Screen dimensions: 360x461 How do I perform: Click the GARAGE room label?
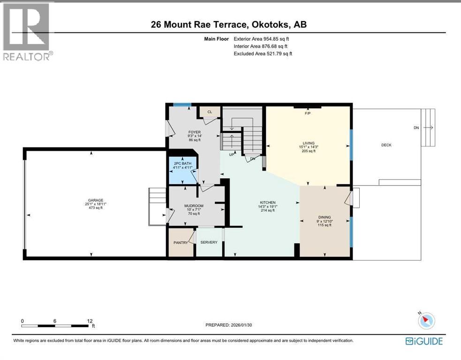pyautogui.click(x=94, y=200)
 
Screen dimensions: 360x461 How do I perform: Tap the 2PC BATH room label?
pyautogui.click(x=182, y=162)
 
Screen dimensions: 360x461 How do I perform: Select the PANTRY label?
pyautogui.click(x=181, y=242)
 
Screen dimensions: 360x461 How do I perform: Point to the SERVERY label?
pyautogui.click(x=209, y=242)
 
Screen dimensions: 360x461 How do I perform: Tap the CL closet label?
pyautogui.click(x=210, y=112)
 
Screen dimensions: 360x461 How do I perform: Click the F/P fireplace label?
pyautogui.click(x=308, y=113)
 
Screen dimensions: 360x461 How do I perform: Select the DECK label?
pyautogui.click(x=386, y=145)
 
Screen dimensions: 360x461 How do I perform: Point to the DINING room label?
pyautogui.click(x=325, y=217)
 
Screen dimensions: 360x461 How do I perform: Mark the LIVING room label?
pyautogui.click(x=308, y=143)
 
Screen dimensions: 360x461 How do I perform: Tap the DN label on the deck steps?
pyautogui.click(x=416, y=127)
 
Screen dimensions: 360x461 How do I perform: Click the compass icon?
pyautogui.click(x=426, y=321)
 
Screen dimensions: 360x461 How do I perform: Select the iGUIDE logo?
pyautogui.click(x=424, y=341)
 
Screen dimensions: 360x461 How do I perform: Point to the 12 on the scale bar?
pyautogui.click(x=90, y=321)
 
